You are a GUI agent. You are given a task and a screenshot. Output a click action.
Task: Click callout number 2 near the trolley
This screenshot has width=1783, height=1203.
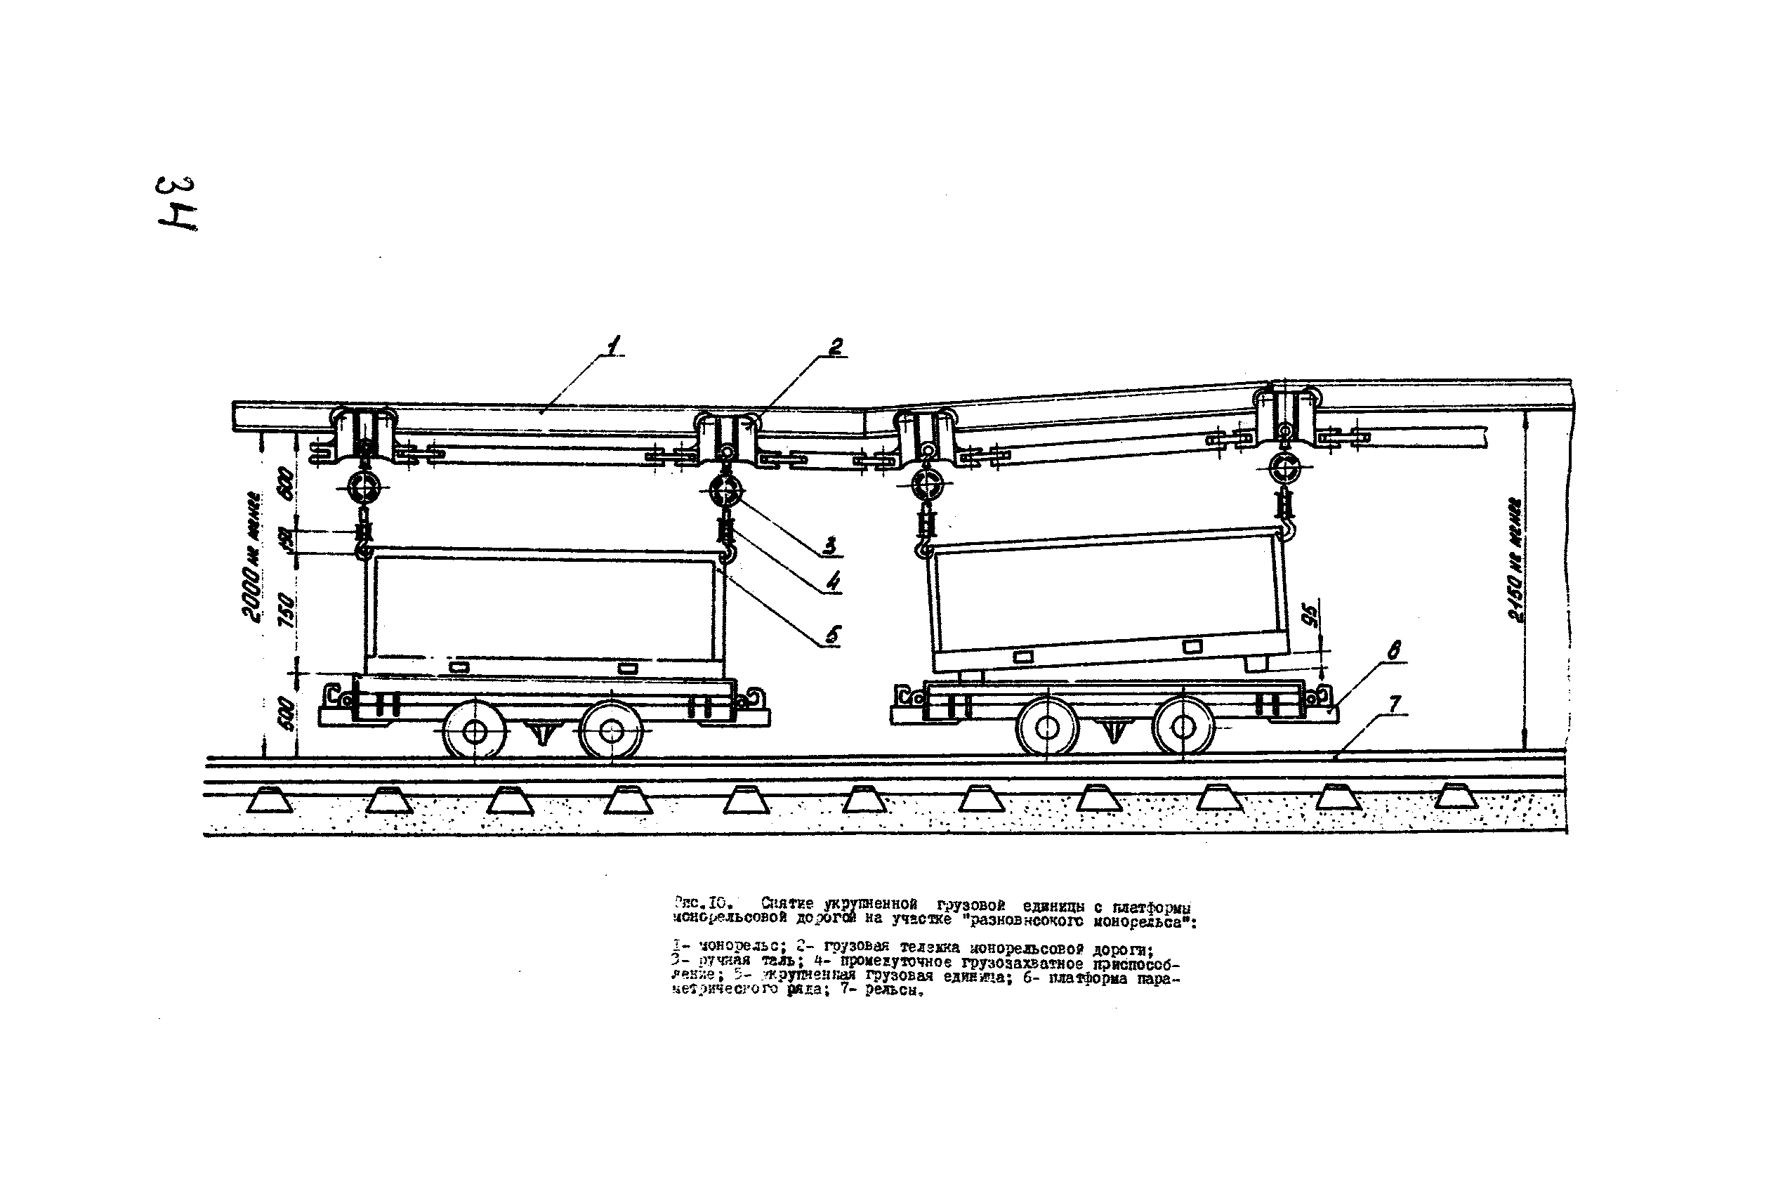coord(836,347)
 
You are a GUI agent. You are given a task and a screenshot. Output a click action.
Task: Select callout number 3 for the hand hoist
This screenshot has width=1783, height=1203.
coord(829,546)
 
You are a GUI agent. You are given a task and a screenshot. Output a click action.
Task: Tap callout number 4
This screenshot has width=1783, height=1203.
coord(832,582)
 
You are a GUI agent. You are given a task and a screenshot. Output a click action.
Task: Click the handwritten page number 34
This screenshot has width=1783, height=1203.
coord(176,204)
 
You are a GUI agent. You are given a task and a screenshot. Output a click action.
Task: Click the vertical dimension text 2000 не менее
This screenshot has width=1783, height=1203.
coord(251,556)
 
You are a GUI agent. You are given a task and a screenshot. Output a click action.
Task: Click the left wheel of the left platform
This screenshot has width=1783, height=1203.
coord(475,731)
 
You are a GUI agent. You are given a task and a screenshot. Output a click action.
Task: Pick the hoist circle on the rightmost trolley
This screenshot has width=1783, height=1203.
coord(1286,467)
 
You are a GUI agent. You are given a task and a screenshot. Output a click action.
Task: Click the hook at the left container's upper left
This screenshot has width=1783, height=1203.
coord(363,549)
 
